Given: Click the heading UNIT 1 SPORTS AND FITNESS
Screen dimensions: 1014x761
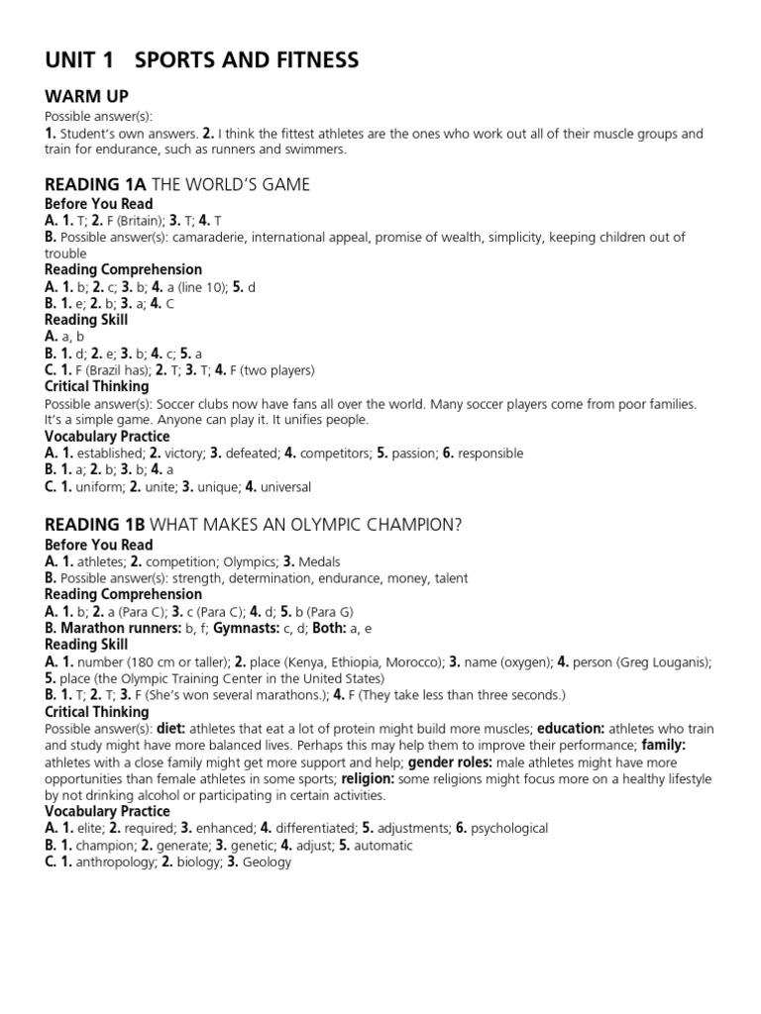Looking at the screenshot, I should pyautogui.click(x=202, y=61).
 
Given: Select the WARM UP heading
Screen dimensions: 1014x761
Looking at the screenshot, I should pyautogui.click(x=86, y=97).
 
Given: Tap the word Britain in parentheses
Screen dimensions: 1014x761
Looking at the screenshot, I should pyautogui.click(x=132, y=221).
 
